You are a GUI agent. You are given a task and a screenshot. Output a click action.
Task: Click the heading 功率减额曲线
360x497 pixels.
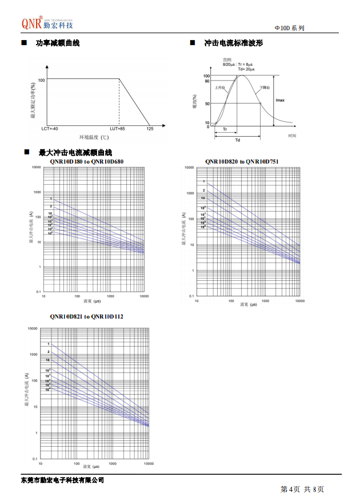point(58,43)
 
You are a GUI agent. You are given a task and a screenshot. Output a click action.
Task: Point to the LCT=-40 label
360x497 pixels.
point(50,129)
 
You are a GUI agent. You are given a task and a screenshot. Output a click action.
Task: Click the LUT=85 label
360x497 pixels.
point(117,129)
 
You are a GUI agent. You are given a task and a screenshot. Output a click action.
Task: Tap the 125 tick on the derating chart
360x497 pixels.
point(150,129)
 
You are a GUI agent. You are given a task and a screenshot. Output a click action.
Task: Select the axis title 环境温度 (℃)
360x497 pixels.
point(94,137)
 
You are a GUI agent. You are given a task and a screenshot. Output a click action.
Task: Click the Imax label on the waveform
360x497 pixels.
point(280,100)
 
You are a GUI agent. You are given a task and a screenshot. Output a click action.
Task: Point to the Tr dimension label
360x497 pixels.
point(225,129)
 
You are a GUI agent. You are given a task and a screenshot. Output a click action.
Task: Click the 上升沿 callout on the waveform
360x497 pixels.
point(220,88)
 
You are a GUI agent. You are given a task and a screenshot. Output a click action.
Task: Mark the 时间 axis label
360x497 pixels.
point(292,135)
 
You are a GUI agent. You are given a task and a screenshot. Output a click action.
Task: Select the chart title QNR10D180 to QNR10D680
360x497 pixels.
point(86,162)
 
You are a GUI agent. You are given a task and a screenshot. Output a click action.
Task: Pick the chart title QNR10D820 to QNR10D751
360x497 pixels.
point(242,162)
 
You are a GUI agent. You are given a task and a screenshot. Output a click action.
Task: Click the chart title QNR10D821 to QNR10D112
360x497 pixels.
point(86,316)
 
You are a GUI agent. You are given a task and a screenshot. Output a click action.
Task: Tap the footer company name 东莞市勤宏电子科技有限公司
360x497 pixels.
point(62,479)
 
